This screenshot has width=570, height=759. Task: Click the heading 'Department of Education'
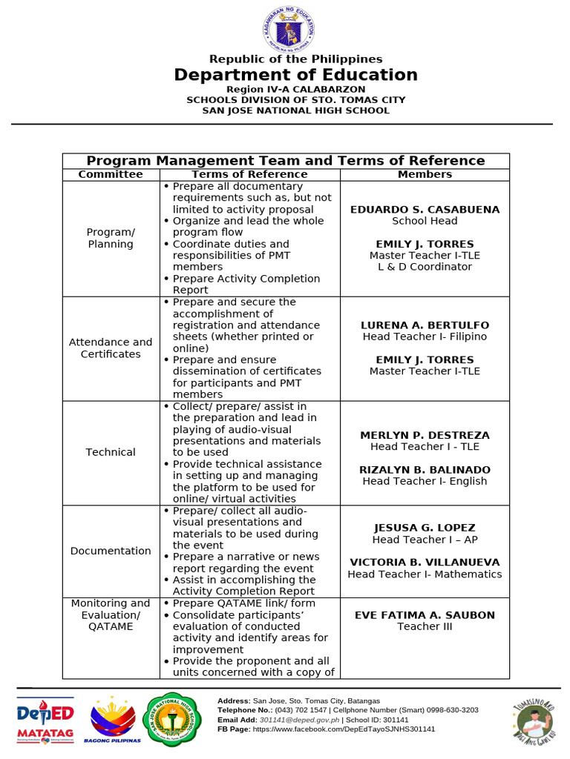click(295, 75)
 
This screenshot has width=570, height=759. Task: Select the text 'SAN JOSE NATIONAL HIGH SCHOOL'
click(295, 110)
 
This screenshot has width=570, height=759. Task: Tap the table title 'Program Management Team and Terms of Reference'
click(286, 161)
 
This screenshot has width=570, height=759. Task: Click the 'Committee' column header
click(111, 174)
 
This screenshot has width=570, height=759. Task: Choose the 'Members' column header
click(425, 174)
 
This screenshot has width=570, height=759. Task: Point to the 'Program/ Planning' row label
click(111, 238)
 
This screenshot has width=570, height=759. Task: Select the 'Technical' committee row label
click(111, 452)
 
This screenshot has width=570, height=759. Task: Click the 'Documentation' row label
click(111, 551)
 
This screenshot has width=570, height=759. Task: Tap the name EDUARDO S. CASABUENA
click(425, 210)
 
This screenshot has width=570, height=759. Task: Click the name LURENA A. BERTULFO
click(425, 325)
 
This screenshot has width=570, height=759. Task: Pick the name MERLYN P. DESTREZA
click(425, 435)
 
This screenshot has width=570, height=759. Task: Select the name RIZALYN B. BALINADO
click(425, 470)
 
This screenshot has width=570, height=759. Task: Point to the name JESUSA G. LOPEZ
click(425, 528)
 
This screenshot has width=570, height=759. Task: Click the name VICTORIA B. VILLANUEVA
click(425, 563)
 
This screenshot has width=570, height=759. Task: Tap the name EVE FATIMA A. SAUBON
click(425, 615)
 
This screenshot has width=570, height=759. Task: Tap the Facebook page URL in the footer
click(344, 729)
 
